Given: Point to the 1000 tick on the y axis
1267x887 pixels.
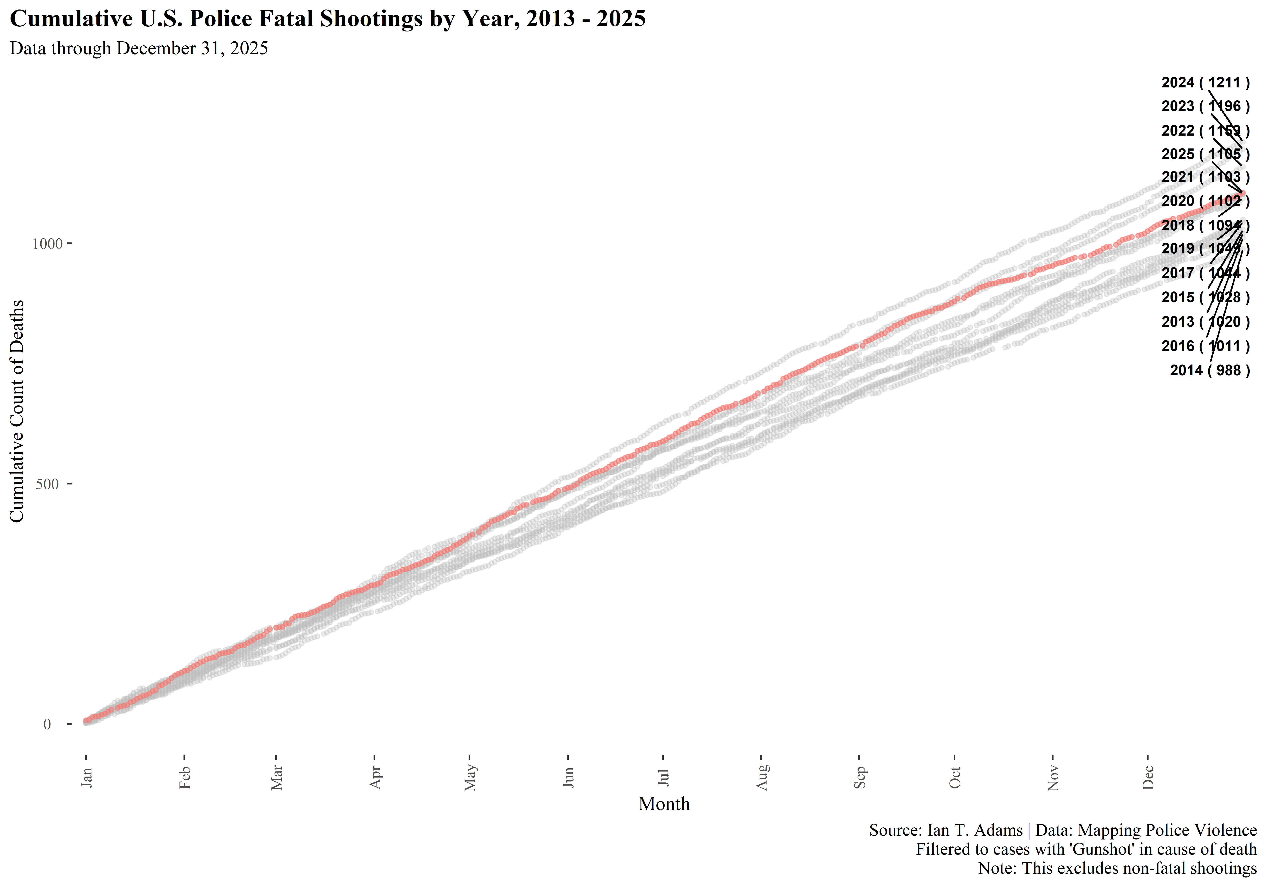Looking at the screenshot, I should click(48, 244).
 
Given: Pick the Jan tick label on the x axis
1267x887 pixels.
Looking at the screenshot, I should click(87, 777).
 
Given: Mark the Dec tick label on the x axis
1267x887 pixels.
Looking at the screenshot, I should click(1148, 777).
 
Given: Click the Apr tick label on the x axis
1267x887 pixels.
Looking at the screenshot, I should click(375, 777).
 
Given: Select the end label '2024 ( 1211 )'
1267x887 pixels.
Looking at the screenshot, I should click(1205, 83).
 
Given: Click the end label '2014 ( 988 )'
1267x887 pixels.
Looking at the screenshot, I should click(1210, 370).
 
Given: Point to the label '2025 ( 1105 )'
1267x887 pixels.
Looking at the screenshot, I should click(1205, 155).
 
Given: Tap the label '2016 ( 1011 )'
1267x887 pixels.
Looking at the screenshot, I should click(1205, 346).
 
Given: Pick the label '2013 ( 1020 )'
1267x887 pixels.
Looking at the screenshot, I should click(1205, 322).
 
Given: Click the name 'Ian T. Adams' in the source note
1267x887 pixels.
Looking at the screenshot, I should click(975, 830).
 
